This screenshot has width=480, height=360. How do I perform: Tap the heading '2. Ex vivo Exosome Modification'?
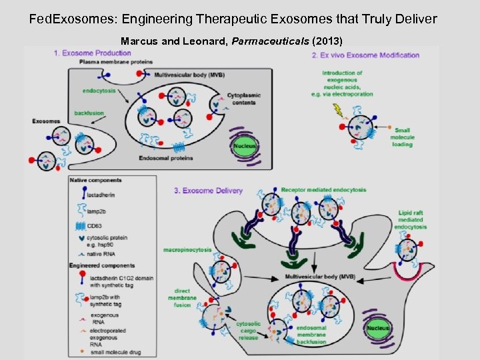[365, 55]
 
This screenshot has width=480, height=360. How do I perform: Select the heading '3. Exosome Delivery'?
[203, 191]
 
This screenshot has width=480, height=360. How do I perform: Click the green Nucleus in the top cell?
[245, 145]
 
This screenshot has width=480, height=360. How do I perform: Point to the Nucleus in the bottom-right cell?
[378, 329]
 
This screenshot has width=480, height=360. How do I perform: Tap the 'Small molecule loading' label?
[403, 137]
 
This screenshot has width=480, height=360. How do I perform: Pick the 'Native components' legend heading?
[95, 180]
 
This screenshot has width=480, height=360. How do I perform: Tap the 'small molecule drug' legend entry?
[111, 351]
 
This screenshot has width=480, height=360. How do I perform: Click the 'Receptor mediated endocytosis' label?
[323, 190]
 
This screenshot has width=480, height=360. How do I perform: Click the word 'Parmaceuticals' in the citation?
[271, 41]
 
